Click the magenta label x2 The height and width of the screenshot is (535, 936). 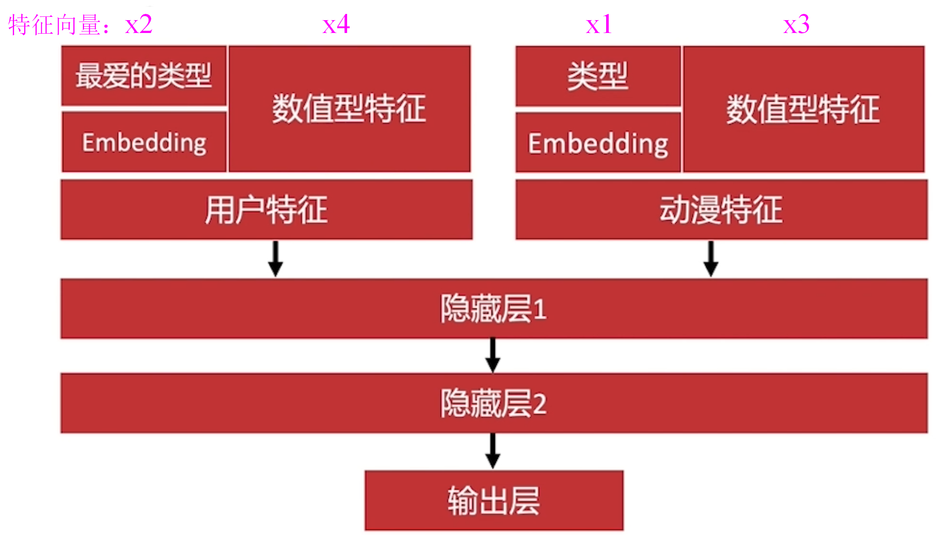coord(139,25)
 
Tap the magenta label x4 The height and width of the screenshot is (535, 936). coord(336,25)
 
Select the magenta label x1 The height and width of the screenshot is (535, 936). coord(599,25)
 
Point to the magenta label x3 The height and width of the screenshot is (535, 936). coord(796,25)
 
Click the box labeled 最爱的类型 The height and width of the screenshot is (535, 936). coord(143,76)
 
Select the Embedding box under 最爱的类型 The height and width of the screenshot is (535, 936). coord(144,142)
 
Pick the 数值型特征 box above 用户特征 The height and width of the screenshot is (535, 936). coord(349,109)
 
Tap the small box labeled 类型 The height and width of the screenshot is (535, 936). coord(598,76)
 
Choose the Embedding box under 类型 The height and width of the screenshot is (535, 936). coord(598,143)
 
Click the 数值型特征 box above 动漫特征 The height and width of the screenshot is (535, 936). coord(804,109)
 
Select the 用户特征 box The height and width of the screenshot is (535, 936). coord(266,210)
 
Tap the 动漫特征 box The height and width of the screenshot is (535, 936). coord(721,210)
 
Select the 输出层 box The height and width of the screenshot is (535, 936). coord(494,501)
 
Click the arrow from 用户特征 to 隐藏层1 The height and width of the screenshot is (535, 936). coord(276,259)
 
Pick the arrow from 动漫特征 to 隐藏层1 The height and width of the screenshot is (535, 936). coord(711,259)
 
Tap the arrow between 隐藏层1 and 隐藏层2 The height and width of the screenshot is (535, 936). coord(493,355)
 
